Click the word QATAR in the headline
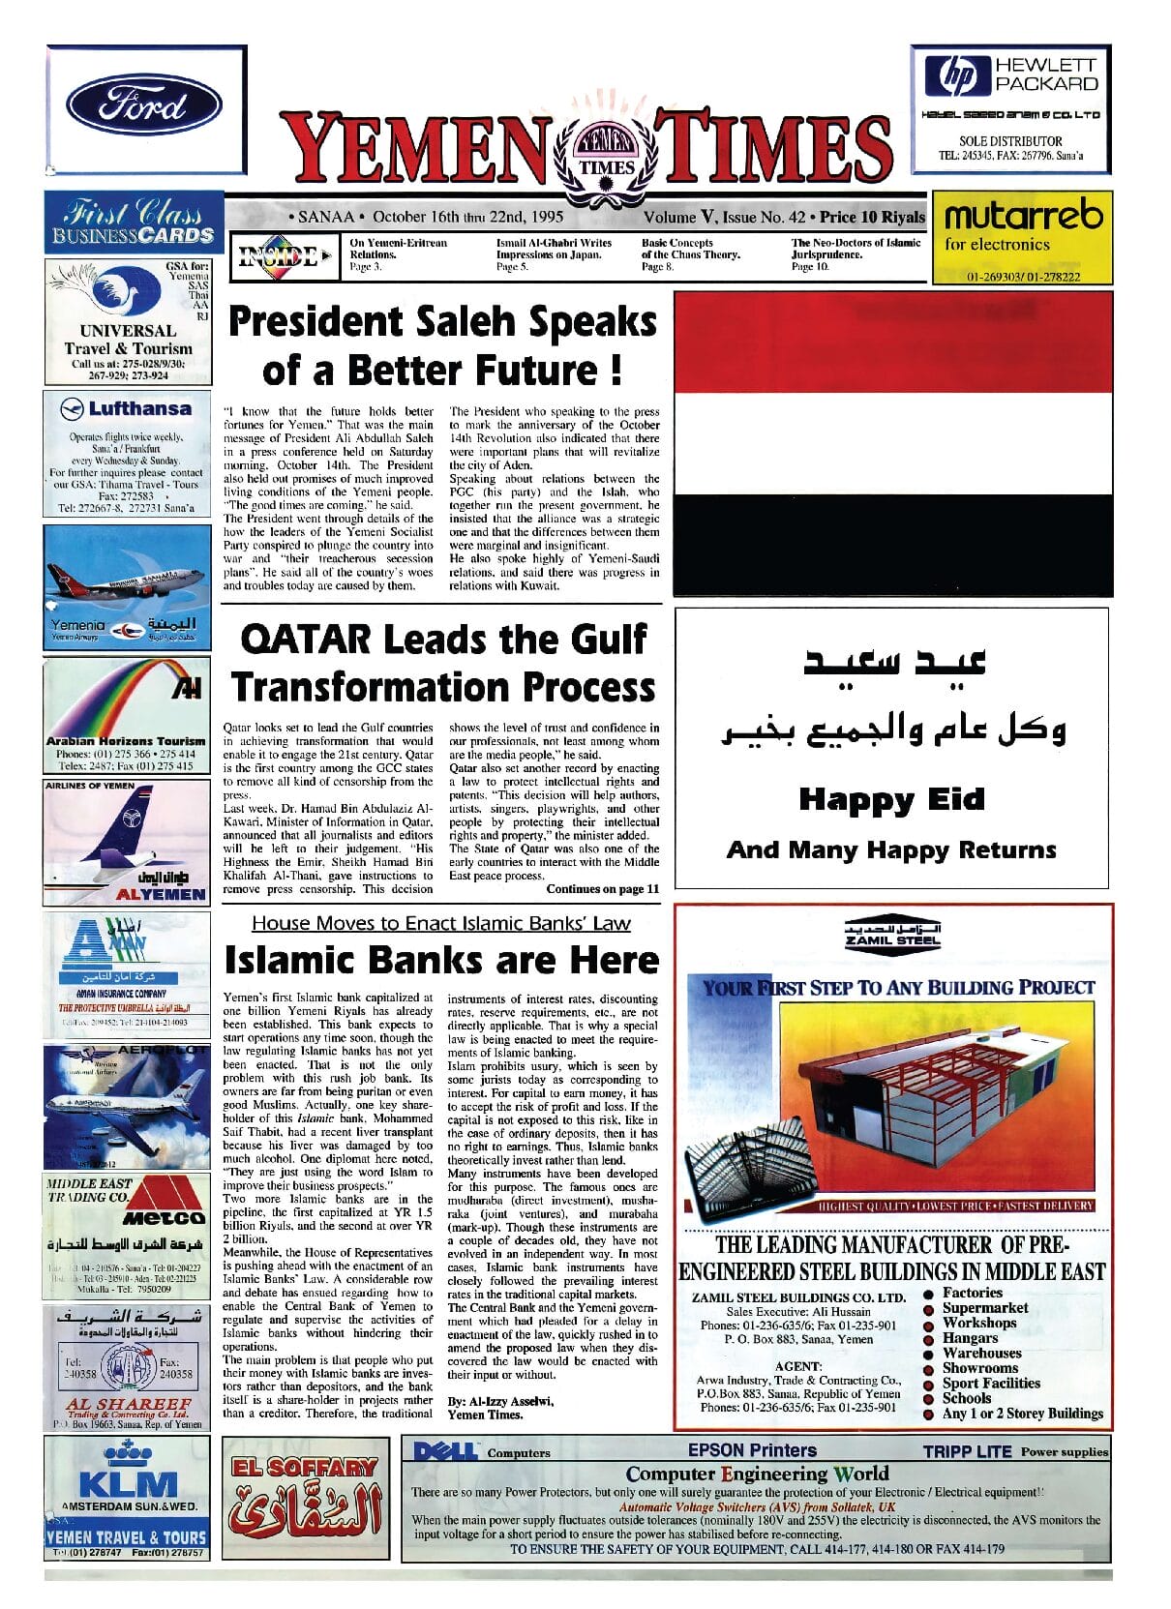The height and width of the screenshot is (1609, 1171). [305, 640]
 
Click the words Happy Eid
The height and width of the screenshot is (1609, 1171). [891, 800]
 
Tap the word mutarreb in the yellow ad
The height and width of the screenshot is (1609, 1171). [1023, 215]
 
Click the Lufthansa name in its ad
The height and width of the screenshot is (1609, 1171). [139, 409]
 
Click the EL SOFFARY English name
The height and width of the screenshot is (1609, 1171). [304, 1467]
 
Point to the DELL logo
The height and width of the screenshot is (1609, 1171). [445, 1451]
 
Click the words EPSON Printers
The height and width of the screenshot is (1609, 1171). [752, 1450]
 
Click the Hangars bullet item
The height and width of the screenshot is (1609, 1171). [970, 1338]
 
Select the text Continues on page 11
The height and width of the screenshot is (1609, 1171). [602, 889]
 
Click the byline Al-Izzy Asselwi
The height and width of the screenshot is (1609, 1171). [500, 1401]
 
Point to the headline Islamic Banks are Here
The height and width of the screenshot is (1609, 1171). [441, 961]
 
